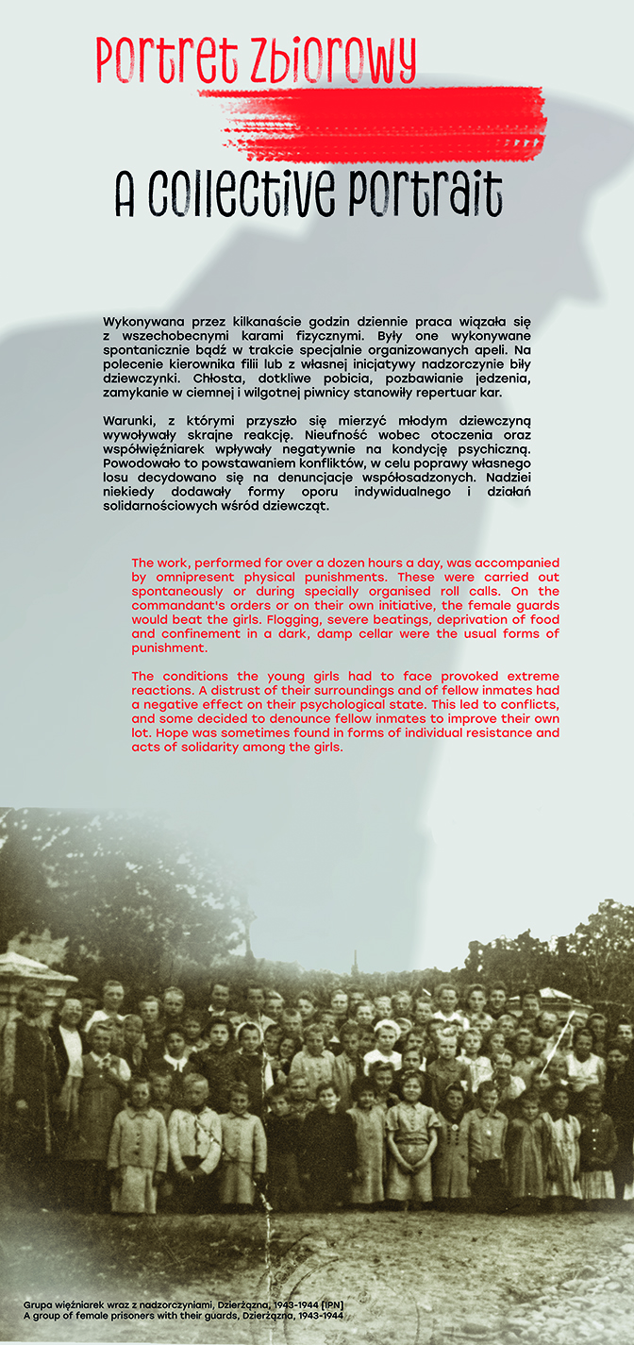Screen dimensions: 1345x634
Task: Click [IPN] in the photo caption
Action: coord(328,1304)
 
